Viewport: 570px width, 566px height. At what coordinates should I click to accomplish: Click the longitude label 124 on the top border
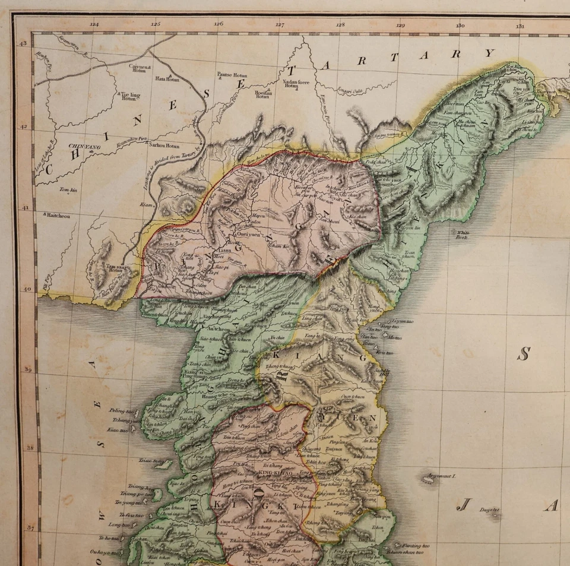94,25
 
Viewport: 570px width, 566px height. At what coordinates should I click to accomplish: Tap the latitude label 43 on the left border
24,44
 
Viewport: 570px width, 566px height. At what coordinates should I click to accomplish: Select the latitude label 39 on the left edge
27,369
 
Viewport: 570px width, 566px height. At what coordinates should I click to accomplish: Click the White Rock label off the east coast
463,234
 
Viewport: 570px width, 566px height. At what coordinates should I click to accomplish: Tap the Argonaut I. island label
441,476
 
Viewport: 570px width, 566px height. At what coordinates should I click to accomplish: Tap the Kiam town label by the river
147,204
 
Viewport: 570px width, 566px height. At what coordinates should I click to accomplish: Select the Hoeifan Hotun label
263,93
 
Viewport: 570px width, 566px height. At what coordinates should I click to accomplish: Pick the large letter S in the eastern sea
523,355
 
